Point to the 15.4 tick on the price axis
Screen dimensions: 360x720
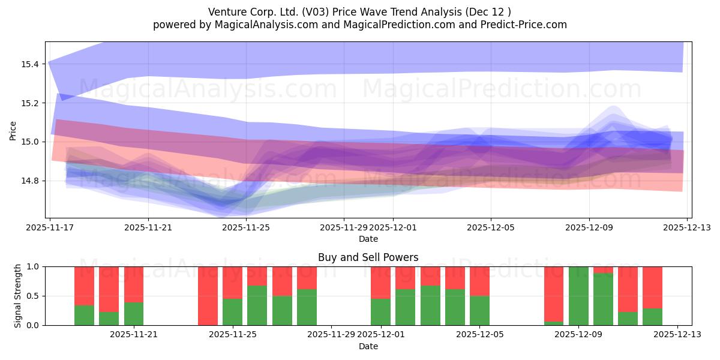coord(30,64)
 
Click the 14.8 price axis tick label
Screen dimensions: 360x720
coord(30,181)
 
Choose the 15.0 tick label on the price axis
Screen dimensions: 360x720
coord(30,142)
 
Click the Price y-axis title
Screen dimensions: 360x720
coord(13,130)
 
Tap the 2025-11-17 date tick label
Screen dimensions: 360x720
coord(50,228)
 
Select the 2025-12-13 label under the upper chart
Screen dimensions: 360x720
coord(687,228)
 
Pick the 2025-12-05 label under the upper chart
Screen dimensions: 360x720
coord(491,228)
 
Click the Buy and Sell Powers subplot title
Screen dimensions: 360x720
coord(368,257)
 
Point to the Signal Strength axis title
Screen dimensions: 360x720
coord(18,296)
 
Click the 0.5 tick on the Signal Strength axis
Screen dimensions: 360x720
coord(33,296)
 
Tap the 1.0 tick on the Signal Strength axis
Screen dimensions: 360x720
coord(33,266)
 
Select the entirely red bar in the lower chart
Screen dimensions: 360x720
coord(208,296)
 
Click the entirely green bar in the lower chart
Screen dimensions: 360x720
coord(578,296)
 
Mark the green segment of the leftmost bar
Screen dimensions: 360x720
coord(84,316)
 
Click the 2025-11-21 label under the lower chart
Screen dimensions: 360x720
coord(133,334)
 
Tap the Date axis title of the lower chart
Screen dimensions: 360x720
coord(368,346)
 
